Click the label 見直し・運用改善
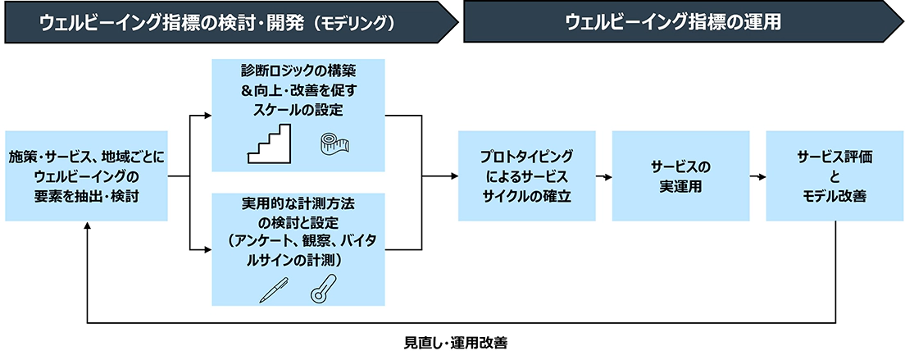click(x=456, y=344)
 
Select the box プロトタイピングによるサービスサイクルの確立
click(x=527, y=176)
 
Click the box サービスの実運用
click(x=681, y=176)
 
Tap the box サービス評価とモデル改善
click(x=835, y=176)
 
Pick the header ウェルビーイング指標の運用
click(x=672, y=22)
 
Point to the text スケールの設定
click(x=298, y=108)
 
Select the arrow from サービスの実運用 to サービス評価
click(x=757, y=176)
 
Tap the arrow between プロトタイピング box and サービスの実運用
click(x=603, y=176)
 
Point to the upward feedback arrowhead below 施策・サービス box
click(x=87, y=226)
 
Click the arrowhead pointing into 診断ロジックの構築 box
click(x=207, y=116)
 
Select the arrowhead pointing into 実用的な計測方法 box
click(x=207, y=250)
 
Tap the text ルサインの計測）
click(x=298, y=260)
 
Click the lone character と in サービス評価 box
click(x=835, y=176)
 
